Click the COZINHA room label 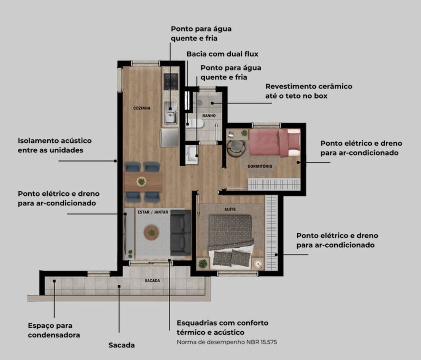[142, 108]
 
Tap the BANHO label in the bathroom [209, 116]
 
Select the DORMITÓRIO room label [260, 166]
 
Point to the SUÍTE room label [230, 209]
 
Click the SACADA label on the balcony [152, 280]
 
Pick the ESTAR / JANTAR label [153, 212]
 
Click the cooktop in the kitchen [171, 82]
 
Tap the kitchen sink [171, 113]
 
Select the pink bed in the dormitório [274, 143]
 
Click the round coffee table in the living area [152, 232]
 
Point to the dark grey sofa [181, 233]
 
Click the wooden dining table [143, 182]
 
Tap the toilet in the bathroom [195, 123]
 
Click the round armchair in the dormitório [236, 147]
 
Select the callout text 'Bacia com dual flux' [222, 54]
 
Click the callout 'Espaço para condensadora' [54, 330]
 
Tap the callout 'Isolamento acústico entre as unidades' [54, 145]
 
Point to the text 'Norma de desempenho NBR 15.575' [227, 342]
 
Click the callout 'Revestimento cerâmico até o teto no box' [309, 91]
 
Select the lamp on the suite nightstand [258, 264]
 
